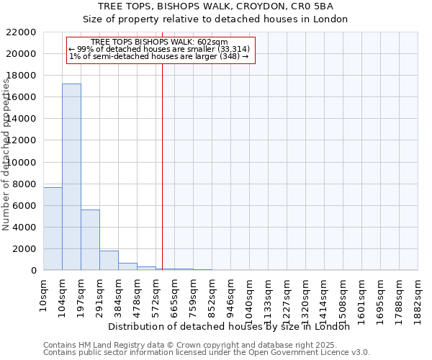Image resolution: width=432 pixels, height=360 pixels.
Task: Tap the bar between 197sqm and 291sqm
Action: (90, 240)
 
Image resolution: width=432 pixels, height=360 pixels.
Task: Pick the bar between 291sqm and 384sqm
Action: (109, 260)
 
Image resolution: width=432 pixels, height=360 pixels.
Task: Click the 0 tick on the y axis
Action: (33, 271)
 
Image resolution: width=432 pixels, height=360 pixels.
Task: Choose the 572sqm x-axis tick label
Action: (156, 295)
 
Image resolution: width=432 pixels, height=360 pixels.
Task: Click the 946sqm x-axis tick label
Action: (231, 295)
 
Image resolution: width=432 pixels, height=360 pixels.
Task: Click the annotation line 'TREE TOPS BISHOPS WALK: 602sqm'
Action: (160, 42)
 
